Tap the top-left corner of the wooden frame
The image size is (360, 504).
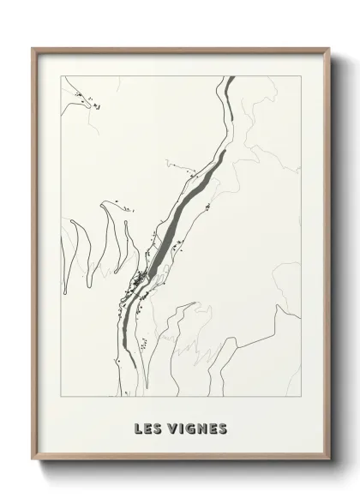tap(33, 48)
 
